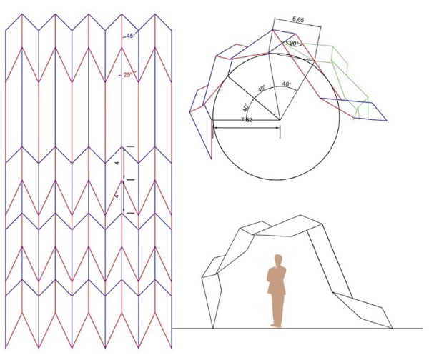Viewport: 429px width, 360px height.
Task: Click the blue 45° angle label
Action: point(131,36)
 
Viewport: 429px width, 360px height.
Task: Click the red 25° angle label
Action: point(127,74)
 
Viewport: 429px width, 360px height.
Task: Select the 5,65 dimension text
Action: point(298,19)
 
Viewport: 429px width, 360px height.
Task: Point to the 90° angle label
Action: point(294,43)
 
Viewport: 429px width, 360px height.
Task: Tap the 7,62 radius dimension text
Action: point(247,120)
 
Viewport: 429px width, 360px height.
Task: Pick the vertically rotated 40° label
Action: point(246,107)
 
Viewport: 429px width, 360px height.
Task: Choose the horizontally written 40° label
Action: point(287,84)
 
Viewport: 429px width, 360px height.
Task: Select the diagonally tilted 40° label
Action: point(262,89)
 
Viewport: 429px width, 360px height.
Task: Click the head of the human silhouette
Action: point(278,259)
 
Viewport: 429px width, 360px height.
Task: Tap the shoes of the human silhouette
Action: point(276,325)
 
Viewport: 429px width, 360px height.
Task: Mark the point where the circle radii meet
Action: point(280,120)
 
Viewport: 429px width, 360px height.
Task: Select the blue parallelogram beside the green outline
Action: point(353,109)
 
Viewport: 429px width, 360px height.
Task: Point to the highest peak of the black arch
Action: point(300,215)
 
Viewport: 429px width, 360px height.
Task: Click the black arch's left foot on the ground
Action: point(213,328)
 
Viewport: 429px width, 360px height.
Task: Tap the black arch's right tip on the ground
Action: point(392,328)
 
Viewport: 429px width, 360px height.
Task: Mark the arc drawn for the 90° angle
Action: point(293,46)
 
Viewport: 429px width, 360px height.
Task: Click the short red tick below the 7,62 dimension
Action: point(212,131)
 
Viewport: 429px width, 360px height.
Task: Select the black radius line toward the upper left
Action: point(253,98)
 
